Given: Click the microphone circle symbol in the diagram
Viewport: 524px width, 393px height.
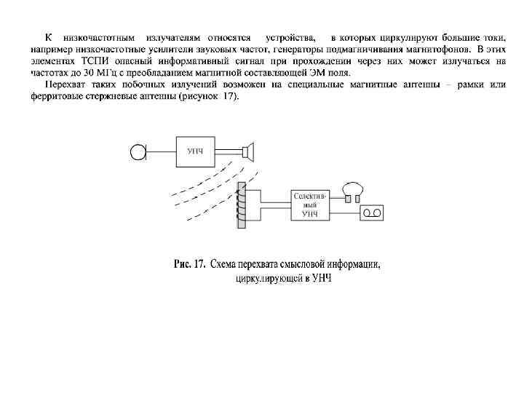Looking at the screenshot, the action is [136, 151].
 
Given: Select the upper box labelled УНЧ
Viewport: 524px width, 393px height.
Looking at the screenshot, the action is [194, 151].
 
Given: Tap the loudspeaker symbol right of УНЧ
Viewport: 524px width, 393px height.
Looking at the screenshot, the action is [250, 151].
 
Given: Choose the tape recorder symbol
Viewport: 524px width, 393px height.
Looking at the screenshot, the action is [372, 213].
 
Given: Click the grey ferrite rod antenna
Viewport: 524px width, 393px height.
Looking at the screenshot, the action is [239, 206].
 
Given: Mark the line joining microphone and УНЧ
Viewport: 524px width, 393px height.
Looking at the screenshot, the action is [160, 151].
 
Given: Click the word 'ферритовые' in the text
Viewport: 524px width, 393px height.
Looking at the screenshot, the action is [55, 97].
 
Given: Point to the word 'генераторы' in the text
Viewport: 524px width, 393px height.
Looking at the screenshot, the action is [295, 49].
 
